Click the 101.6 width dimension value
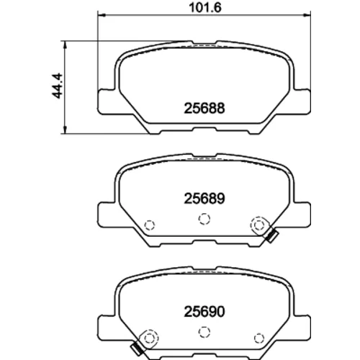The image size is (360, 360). [204, 7]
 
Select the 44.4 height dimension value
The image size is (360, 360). [57, 86]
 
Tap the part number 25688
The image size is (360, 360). [204, 108]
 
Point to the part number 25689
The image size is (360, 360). [204, 199]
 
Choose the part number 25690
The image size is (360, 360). [204, 312]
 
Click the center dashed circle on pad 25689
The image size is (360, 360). [204, 219]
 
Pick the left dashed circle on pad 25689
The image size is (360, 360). [150, 225]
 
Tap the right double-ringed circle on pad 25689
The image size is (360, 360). [259, 225]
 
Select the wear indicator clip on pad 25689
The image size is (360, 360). [271, 236]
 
